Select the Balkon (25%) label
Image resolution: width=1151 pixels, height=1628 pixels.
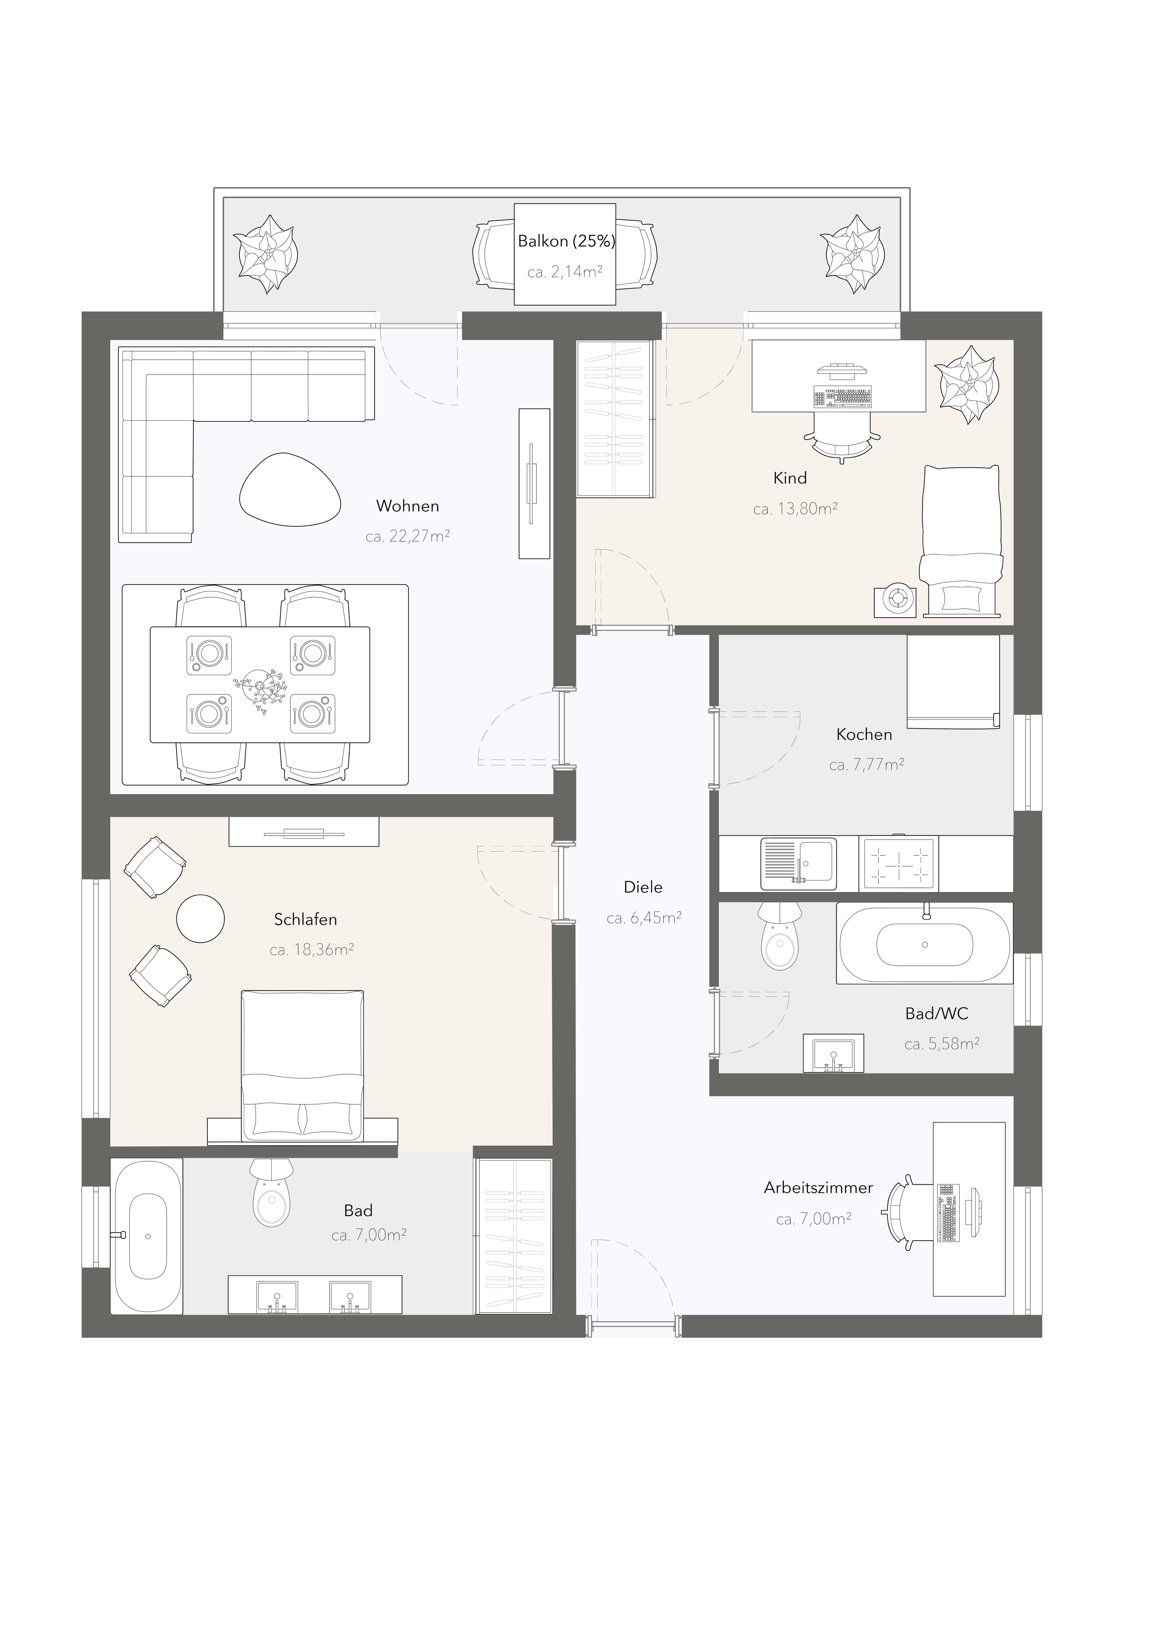click(566, 241)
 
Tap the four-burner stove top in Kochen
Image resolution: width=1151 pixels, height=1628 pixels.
click(898, 864)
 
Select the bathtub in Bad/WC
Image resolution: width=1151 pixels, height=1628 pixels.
click(925, 943)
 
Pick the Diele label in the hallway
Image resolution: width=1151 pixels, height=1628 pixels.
click(643, 887)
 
